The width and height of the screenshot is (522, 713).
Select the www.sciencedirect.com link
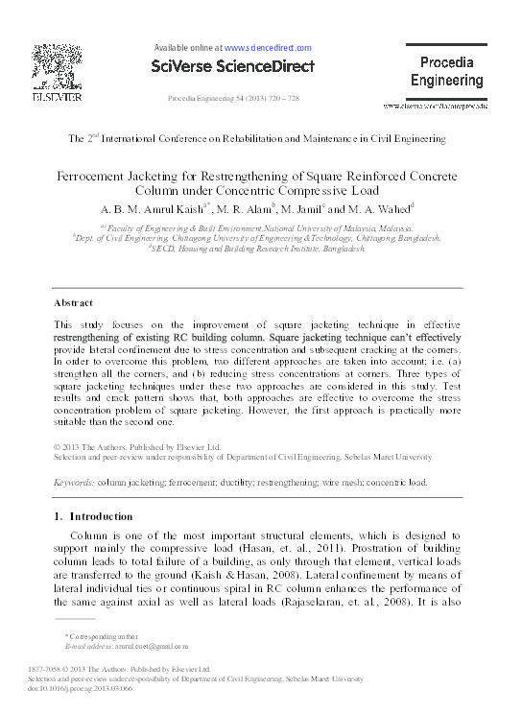[x=268, y=47]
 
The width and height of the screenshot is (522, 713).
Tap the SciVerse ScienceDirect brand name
[x=232, y=66]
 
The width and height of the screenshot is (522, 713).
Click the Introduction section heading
[x=97, y=517]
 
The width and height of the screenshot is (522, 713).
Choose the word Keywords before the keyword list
[x=73, y=483]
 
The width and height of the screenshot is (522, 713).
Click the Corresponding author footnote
[x=101, y=636]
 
